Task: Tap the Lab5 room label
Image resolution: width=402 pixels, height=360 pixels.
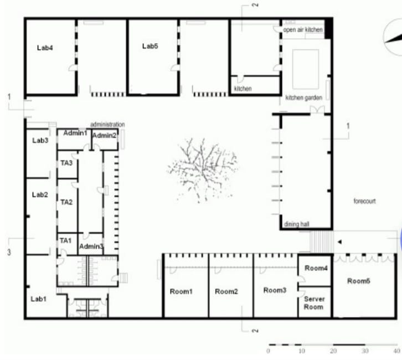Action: coord(150,46)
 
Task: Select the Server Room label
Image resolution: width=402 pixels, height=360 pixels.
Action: coord(314,302)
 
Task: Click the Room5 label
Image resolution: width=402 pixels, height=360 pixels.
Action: coord(358,281)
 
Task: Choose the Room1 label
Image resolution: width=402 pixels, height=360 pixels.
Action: coord(181,291)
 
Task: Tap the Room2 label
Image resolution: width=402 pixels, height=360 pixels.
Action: coord(226,291)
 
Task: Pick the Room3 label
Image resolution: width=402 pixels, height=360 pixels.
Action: coord(275,290)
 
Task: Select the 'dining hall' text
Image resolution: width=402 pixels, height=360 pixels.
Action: coord(296,224)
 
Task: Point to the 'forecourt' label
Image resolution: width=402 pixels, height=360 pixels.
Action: coord(364,201)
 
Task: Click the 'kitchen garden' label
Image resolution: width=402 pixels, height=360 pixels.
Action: coord(303,97)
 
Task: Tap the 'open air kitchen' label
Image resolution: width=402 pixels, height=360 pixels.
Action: coord(302,30)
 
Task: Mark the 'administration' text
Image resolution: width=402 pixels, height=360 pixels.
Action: coord(107,124)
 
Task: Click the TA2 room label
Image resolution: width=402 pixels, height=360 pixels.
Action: coord(66,202)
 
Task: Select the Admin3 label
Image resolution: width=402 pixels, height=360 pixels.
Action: coord(91,246)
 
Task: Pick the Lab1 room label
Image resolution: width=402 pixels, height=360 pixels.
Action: coord(38,299)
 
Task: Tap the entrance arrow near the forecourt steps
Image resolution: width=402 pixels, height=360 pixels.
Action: coord(340,241)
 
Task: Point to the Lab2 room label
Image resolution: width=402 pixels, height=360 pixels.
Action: coord(40,194)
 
